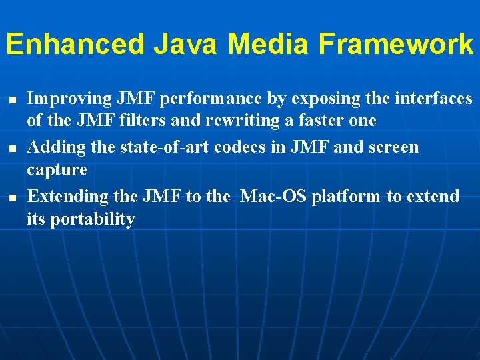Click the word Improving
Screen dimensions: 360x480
(x=69, y=99)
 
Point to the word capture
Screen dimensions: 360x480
(x=57, y=170)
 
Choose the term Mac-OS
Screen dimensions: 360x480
(x=272, y=197)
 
